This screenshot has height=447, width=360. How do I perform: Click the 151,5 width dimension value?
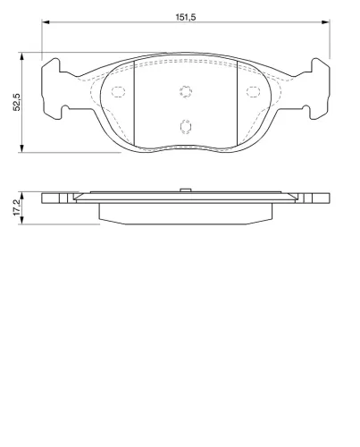coord(185,17)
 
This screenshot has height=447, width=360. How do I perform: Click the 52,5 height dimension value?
coord(17,102)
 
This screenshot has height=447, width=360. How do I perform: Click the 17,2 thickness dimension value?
coord(17,207)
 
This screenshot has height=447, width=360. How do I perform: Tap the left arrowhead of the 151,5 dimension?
coord(46,21)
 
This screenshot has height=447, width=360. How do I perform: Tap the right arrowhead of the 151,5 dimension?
coord(326,21)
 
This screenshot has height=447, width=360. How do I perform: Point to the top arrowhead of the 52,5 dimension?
coord(21,56)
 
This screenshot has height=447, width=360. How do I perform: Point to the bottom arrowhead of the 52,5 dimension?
coord(21,148)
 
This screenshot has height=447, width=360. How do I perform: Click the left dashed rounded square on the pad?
coord(118,91)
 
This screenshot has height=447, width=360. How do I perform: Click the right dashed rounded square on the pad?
coord(253,91)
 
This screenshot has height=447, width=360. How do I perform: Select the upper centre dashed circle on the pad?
coord(186,91)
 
